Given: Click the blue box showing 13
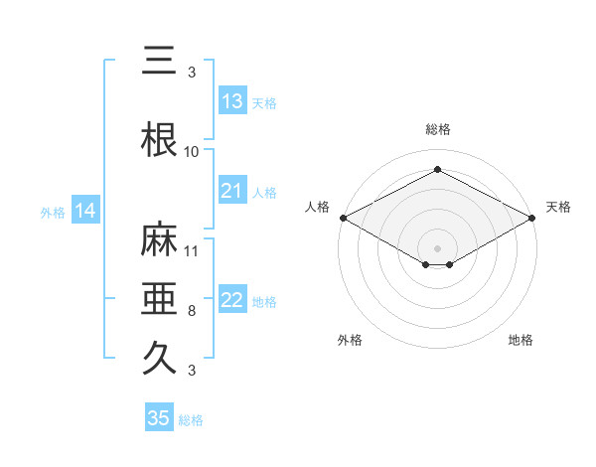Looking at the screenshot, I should [x=232, y=101].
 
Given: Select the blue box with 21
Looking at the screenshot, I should [x=232, y=191].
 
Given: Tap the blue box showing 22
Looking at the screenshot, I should [x=232, y=301].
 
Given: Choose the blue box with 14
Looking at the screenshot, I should [x=85, y=211].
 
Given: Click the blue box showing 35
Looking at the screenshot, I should [x=159, y=418].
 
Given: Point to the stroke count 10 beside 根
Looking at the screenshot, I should [x=192, y=152].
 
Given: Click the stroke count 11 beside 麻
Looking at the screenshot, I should [x=192, y=251].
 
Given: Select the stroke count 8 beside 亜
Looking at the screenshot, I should [x=192, y=311].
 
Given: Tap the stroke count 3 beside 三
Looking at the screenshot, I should [x=192, y=73].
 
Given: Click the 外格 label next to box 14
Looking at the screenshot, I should [x=53, y=212].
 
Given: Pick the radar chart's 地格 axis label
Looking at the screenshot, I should [x=521, y=340].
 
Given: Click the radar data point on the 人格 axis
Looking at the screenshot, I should [x=343, y=218].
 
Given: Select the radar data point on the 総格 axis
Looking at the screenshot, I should [x=437, y=170].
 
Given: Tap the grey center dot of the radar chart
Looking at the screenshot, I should [x=437, y=247].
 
